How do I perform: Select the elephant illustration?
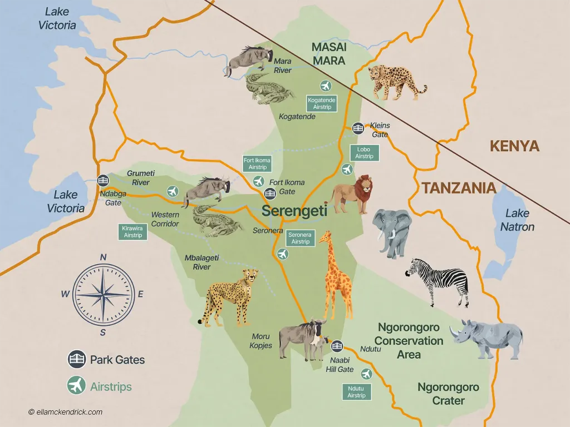pos(392,231)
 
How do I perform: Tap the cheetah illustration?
pos(229,297)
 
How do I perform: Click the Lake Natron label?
pos(517,220)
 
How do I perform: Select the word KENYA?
pos(514,146)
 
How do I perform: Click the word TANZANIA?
pos(459,188)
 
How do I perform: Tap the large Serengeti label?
pos(294,211)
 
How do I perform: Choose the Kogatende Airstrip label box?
pos(322,103)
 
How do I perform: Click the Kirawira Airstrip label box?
pos(133,232)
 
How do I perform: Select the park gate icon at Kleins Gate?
pos(358,128)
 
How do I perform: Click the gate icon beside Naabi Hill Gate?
pos(337,346)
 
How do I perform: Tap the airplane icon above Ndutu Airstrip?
pos(366,374)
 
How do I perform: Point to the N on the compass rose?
pos(103,257)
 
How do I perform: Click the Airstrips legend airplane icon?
pos(76,385)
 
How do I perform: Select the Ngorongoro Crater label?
pos(448,394)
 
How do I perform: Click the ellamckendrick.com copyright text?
pos(65,412)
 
